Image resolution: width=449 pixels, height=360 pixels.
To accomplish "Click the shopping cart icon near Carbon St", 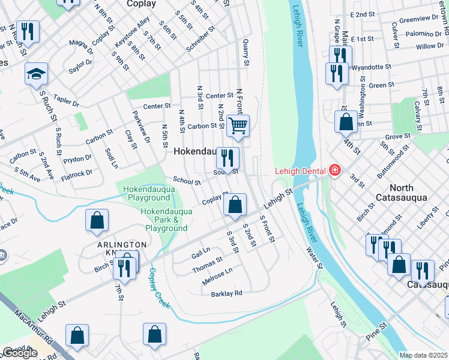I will point(238,126).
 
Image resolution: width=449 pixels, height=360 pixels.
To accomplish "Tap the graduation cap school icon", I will point(36,74).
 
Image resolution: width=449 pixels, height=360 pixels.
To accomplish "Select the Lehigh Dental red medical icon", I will point(333,171).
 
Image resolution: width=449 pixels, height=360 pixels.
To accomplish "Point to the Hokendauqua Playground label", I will point(146,193).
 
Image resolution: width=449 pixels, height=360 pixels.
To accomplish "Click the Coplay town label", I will point(142,4).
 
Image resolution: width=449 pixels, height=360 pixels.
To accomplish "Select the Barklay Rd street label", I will point(226,293).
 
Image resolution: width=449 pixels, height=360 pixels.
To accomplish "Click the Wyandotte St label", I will point(371,67).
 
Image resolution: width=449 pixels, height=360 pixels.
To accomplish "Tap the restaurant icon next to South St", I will point(228,159).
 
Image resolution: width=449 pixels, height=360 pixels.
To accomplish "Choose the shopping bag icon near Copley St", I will point(235,205).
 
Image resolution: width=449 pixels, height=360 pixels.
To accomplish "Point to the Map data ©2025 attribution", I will point(424,355).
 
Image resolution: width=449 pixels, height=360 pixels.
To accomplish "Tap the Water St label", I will point(314,258).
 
